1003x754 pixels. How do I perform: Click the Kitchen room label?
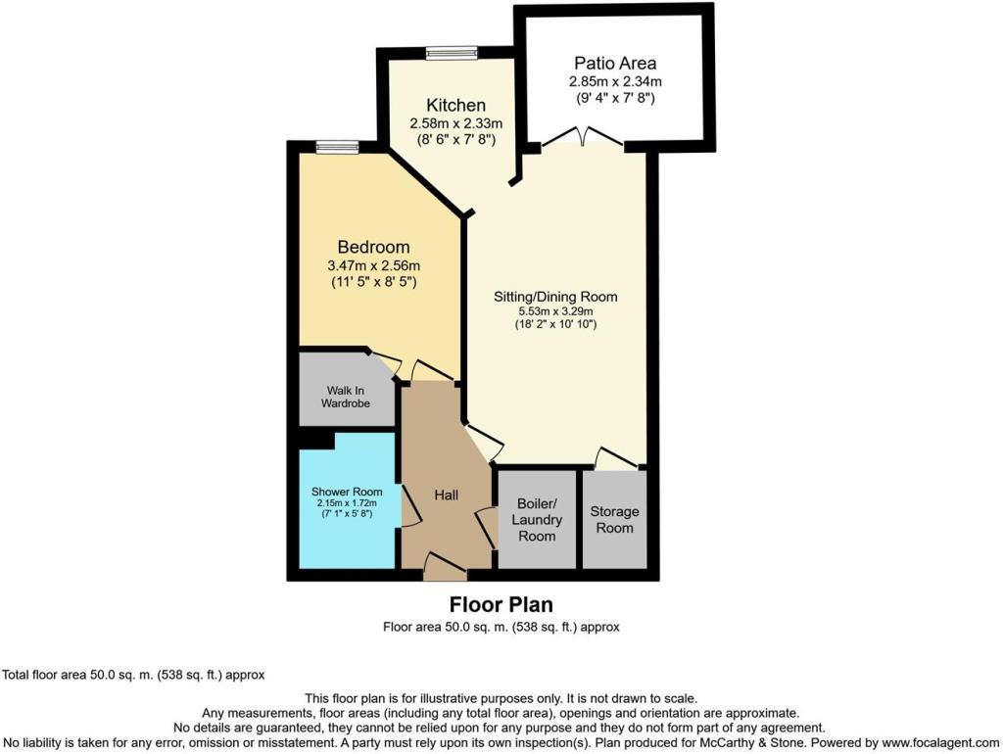pos(455,105)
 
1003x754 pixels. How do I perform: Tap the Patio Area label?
pos(615,64)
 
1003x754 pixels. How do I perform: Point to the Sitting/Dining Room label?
pos(556,297)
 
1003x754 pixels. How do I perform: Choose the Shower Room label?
pos(348,491)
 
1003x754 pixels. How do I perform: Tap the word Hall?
pos(448,495)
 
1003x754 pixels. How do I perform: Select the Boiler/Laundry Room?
pos(537,520)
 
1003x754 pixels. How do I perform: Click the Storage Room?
pos(615,520)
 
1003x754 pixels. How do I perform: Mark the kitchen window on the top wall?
pos(452,53)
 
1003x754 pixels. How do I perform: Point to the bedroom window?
pos(337,147)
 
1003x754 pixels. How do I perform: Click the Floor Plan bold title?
pos(501,604)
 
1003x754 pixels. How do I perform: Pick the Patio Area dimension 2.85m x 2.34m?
pos(615,82)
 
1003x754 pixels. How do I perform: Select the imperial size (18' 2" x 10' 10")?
pos(556,324)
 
